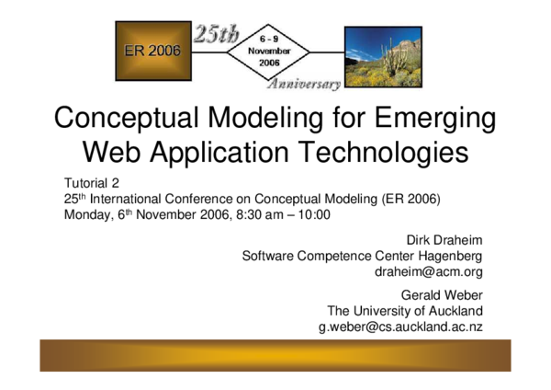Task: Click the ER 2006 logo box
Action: [x=152, y=51]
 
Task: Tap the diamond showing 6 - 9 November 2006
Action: [x=269, y=52]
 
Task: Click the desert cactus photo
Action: [x=383, y=56]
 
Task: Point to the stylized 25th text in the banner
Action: [x=216, y=35]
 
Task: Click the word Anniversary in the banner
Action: [x=303, y=84]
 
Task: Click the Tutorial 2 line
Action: [x=92, y=182]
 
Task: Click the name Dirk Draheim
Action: [x=444, y=239]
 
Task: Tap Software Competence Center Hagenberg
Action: [x=362, y=256]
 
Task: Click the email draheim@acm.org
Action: [x=429, y=272]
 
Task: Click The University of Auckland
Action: [x=405, y=311]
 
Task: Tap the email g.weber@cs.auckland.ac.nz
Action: [x=400, y=327]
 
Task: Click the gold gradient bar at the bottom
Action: [x=275, y=356]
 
